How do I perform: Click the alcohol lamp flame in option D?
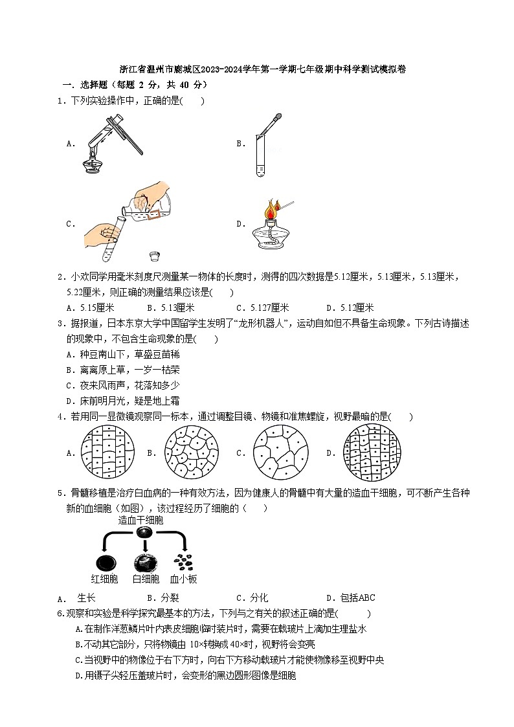(x=271, y=210)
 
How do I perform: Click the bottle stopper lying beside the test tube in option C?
(x=155, y=254)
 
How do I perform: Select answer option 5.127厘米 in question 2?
(x=262, y=308)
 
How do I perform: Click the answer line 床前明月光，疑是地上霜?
(x=123, y=401)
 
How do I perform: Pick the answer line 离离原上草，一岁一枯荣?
(x=123, y=370)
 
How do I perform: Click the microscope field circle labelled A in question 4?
(x=108, y=453)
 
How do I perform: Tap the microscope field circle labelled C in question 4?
(x=280, y=453)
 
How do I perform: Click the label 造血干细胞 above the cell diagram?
(x=140, y=520)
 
